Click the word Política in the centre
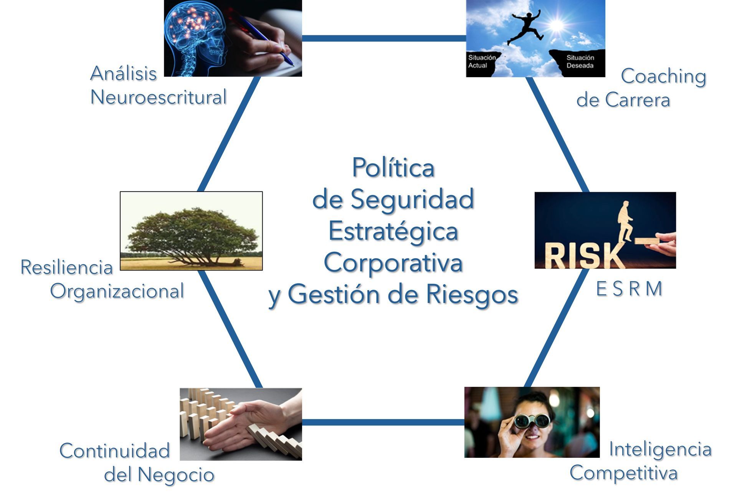pyautogui.click(x=393, y=168)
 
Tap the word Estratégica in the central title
pyautogui.click(x=393, y=231)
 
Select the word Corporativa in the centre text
pyautogui.click(x=393, y=263)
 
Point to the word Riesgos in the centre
pyautogui.click(x=472, y=295)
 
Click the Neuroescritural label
pyautogui.click(x=158, y=97)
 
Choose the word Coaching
pyautogui.click(x=663, y=76)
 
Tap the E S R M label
pyautogui.click(x=629, y=289)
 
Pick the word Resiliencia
pyautogui.click(x=67, y=267)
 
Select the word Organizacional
pyautogui.click(x=117, y=291)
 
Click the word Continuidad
pyautogui.click(x=114, y=450)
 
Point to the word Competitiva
pyautogui.click(x=623, y=473)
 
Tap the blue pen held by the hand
pyautogui.click(x=265, y=38)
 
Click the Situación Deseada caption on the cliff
pyautogui.click(x=580, y=61)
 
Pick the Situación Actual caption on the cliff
pyautogui.click(x=482, y=61)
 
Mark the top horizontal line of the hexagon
pyautogui.click(x=384, y=38)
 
